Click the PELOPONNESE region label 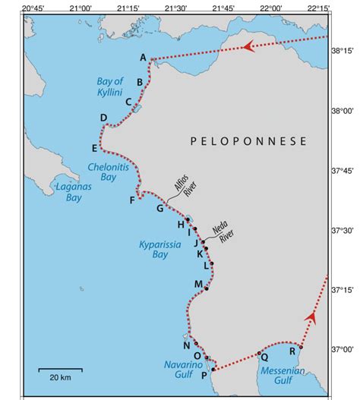click(x=249, y=141)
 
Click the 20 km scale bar click(x=60, y=370)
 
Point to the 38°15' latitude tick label click(x=344, y=50)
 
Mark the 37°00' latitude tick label click(x=344, y=349)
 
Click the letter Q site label click(x=264, y=357)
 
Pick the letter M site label click(x=198, y=284)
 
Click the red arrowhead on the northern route click(x=247, y=46)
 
